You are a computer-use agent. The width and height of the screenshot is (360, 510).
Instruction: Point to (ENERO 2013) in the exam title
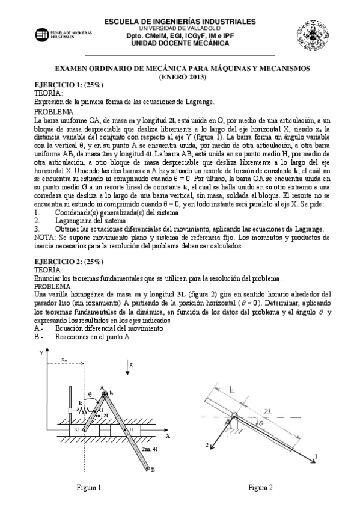182,77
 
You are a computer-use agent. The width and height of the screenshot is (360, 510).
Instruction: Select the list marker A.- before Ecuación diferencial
39,329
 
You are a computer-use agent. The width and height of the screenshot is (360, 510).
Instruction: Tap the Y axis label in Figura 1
41,353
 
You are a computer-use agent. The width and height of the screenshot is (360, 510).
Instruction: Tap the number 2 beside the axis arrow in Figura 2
207,444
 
